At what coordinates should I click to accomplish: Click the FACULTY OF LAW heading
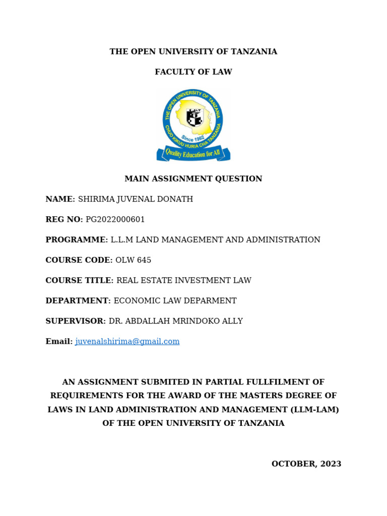pos(193,72)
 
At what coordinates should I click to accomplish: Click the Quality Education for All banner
pos(193,153)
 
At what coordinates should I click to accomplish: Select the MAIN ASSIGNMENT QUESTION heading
pos(193,179)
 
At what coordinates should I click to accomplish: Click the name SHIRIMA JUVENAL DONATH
pos(136,199)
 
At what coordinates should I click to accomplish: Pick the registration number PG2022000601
pos(115,220)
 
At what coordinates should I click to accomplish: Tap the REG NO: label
pos(64,220)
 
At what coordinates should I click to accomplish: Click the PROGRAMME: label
pos(77,240)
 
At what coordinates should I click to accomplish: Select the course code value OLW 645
pos(134,261)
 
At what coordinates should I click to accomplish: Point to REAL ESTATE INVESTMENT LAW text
pos(184,281)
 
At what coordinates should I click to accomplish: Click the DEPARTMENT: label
pos(78,301)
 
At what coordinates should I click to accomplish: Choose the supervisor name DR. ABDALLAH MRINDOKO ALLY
pos(176,321)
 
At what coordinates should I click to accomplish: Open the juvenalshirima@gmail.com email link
pos(127,342)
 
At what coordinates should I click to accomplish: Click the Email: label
pos(59,342)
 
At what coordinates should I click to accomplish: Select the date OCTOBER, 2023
pos(306,464)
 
